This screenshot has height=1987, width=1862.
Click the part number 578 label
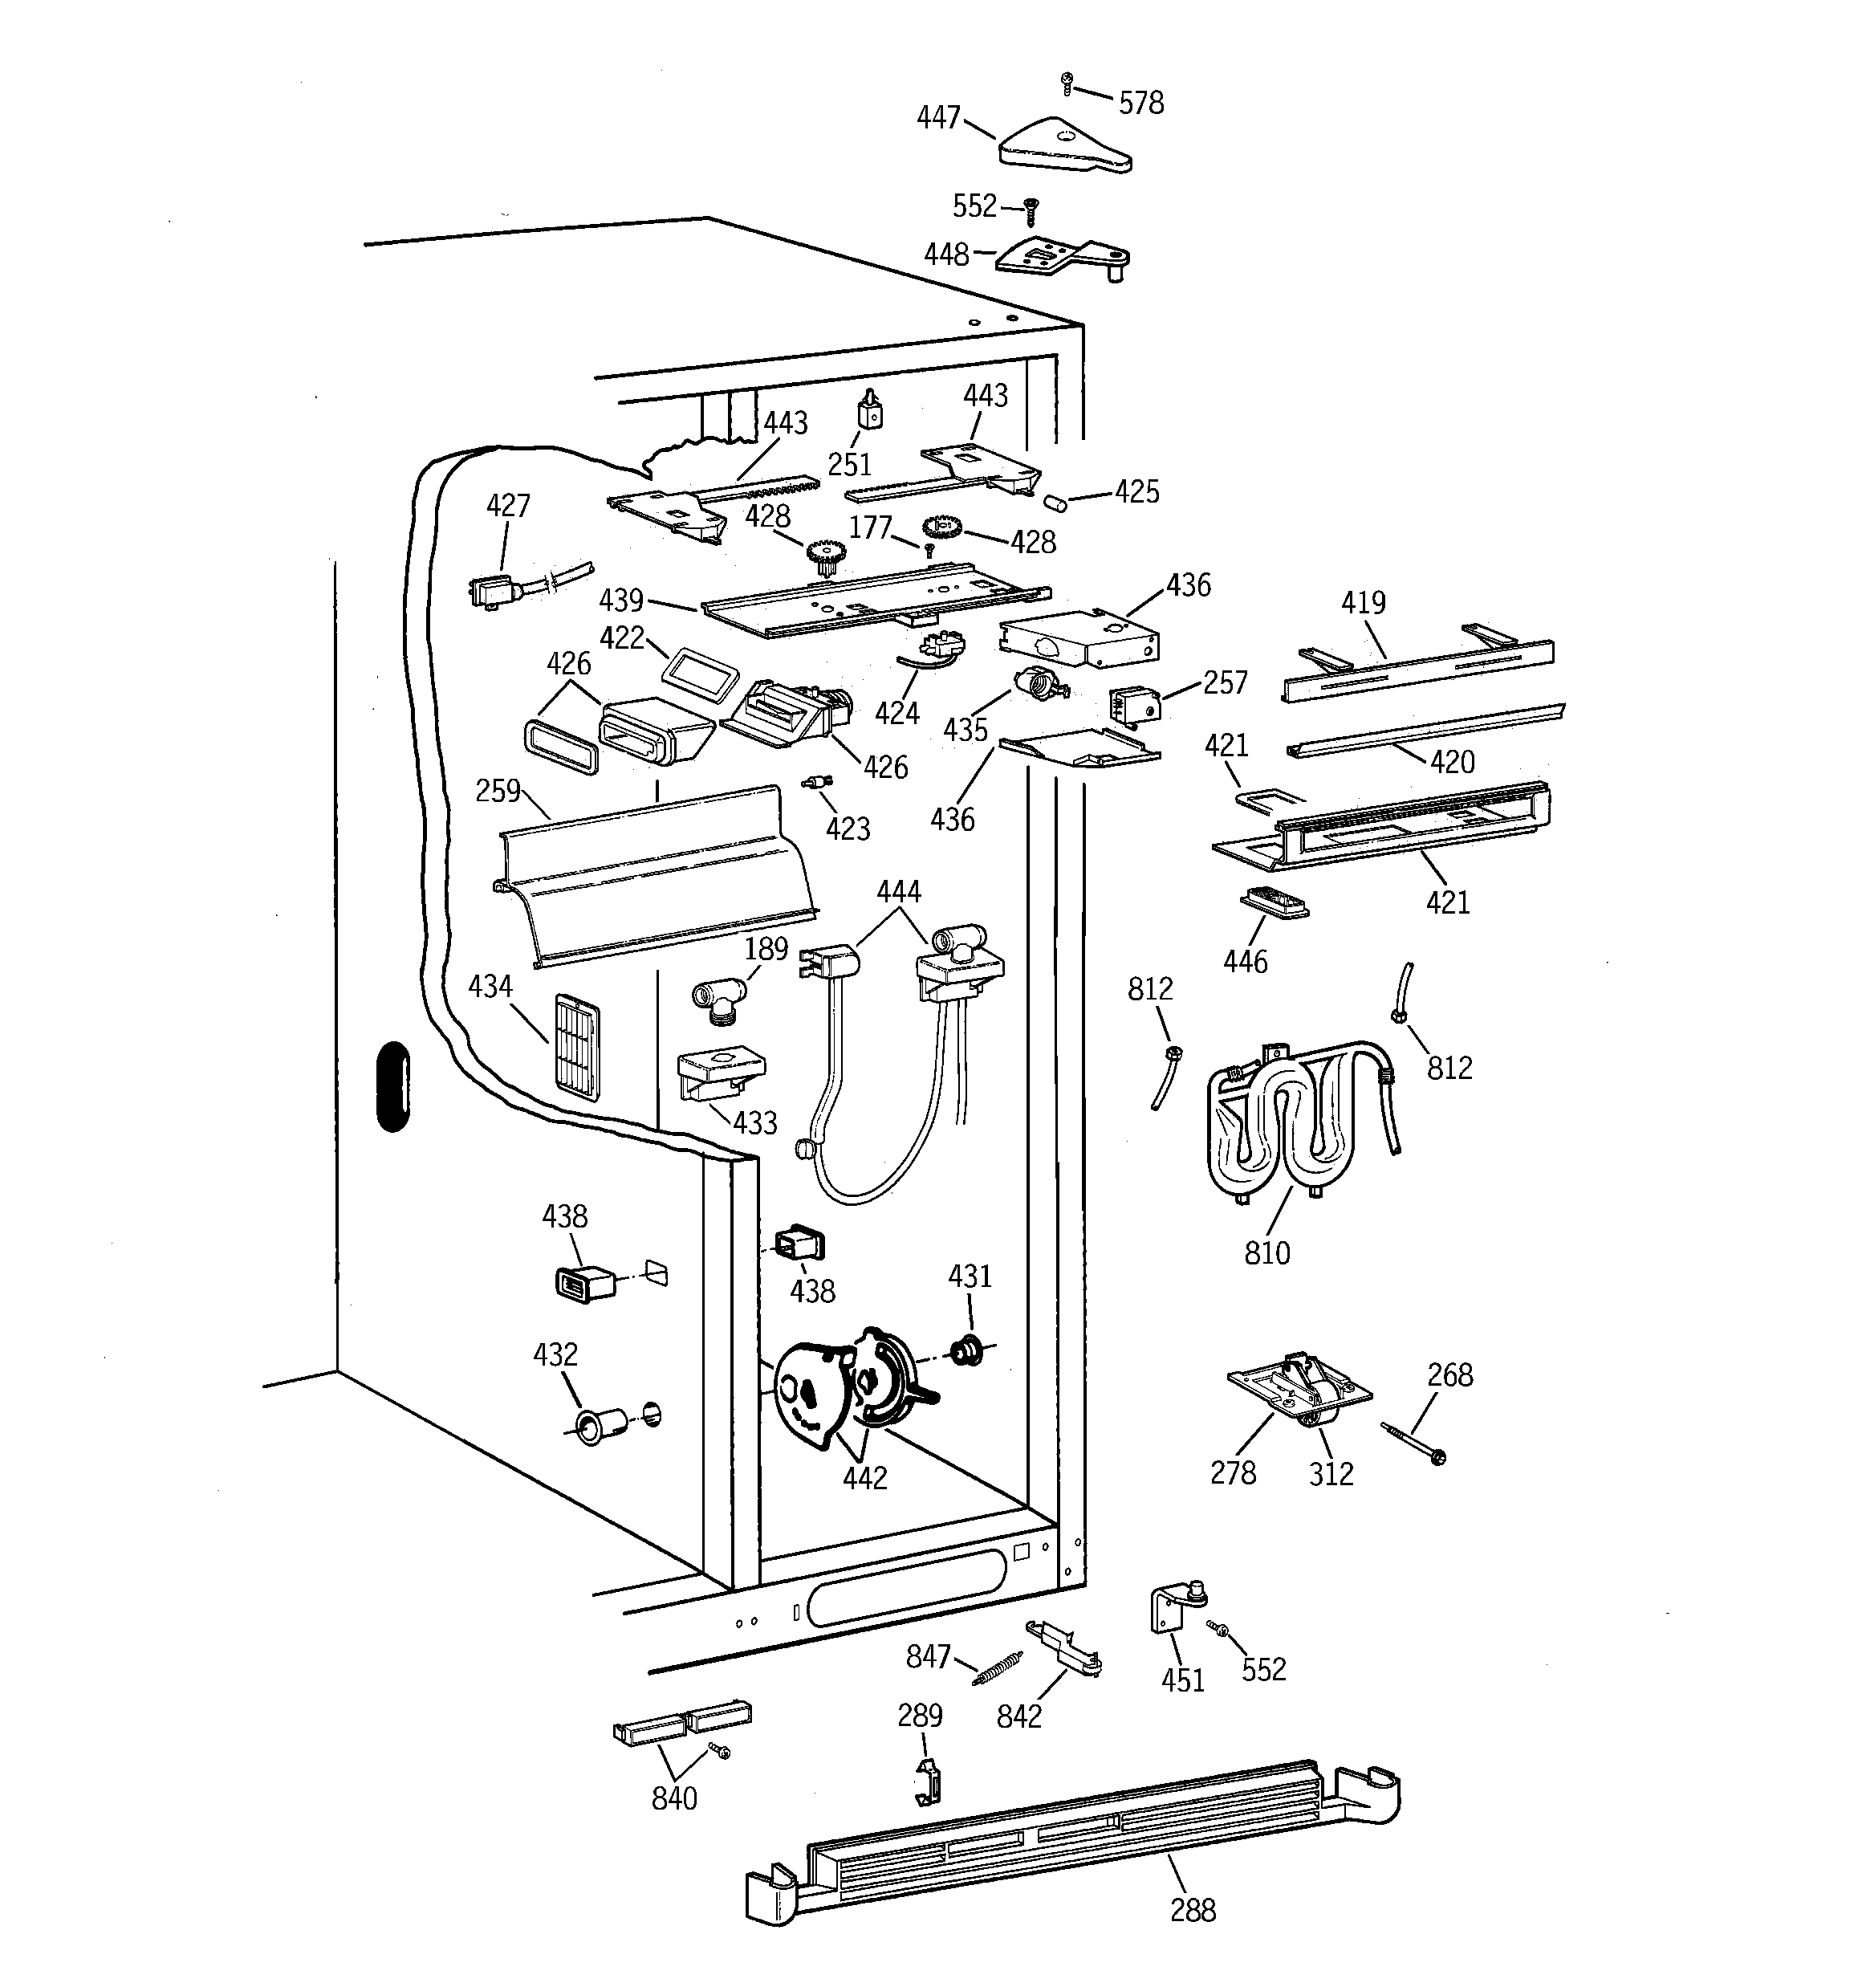point(1140,103)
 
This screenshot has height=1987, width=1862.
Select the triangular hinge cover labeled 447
point(1063,147)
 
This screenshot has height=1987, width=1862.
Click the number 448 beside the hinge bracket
point(945,254)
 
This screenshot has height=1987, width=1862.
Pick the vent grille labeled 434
point(577,1046)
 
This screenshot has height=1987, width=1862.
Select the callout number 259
point(497,791)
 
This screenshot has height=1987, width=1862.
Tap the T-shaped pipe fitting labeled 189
point(718,1000)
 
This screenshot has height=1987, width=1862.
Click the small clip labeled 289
point(929,1783)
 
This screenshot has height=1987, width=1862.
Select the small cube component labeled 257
point(1134,705)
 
